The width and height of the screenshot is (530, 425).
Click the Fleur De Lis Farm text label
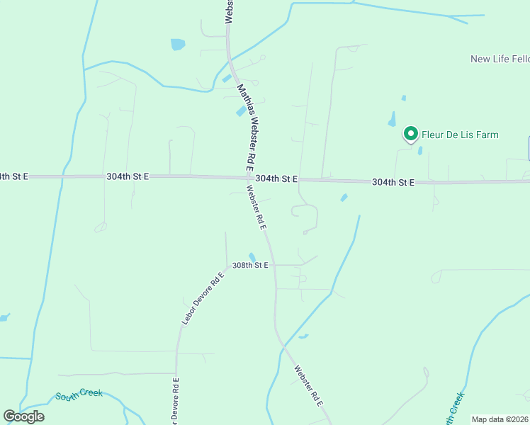point(460,135)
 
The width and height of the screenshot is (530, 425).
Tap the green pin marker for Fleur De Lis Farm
point(410,132)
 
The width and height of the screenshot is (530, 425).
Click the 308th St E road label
point(252,265)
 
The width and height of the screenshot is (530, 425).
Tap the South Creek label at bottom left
point(79,395)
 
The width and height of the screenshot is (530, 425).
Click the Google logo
point(24,416)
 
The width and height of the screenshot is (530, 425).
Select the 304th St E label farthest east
point(393,182)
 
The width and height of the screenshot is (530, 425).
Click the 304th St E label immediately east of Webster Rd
point(276,179)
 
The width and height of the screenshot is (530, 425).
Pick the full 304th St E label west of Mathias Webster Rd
point(128,176)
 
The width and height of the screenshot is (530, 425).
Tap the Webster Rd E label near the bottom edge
point(308,385)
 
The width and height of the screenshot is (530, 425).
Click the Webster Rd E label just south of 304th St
point(255,207)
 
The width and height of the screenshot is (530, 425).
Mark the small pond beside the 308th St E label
point(252,257)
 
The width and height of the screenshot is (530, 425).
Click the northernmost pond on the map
point(177,45)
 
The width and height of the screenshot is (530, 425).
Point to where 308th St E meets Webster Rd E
point(274,265)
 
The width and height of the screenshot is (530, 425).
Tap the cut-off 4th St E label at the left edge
point(13,176)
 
